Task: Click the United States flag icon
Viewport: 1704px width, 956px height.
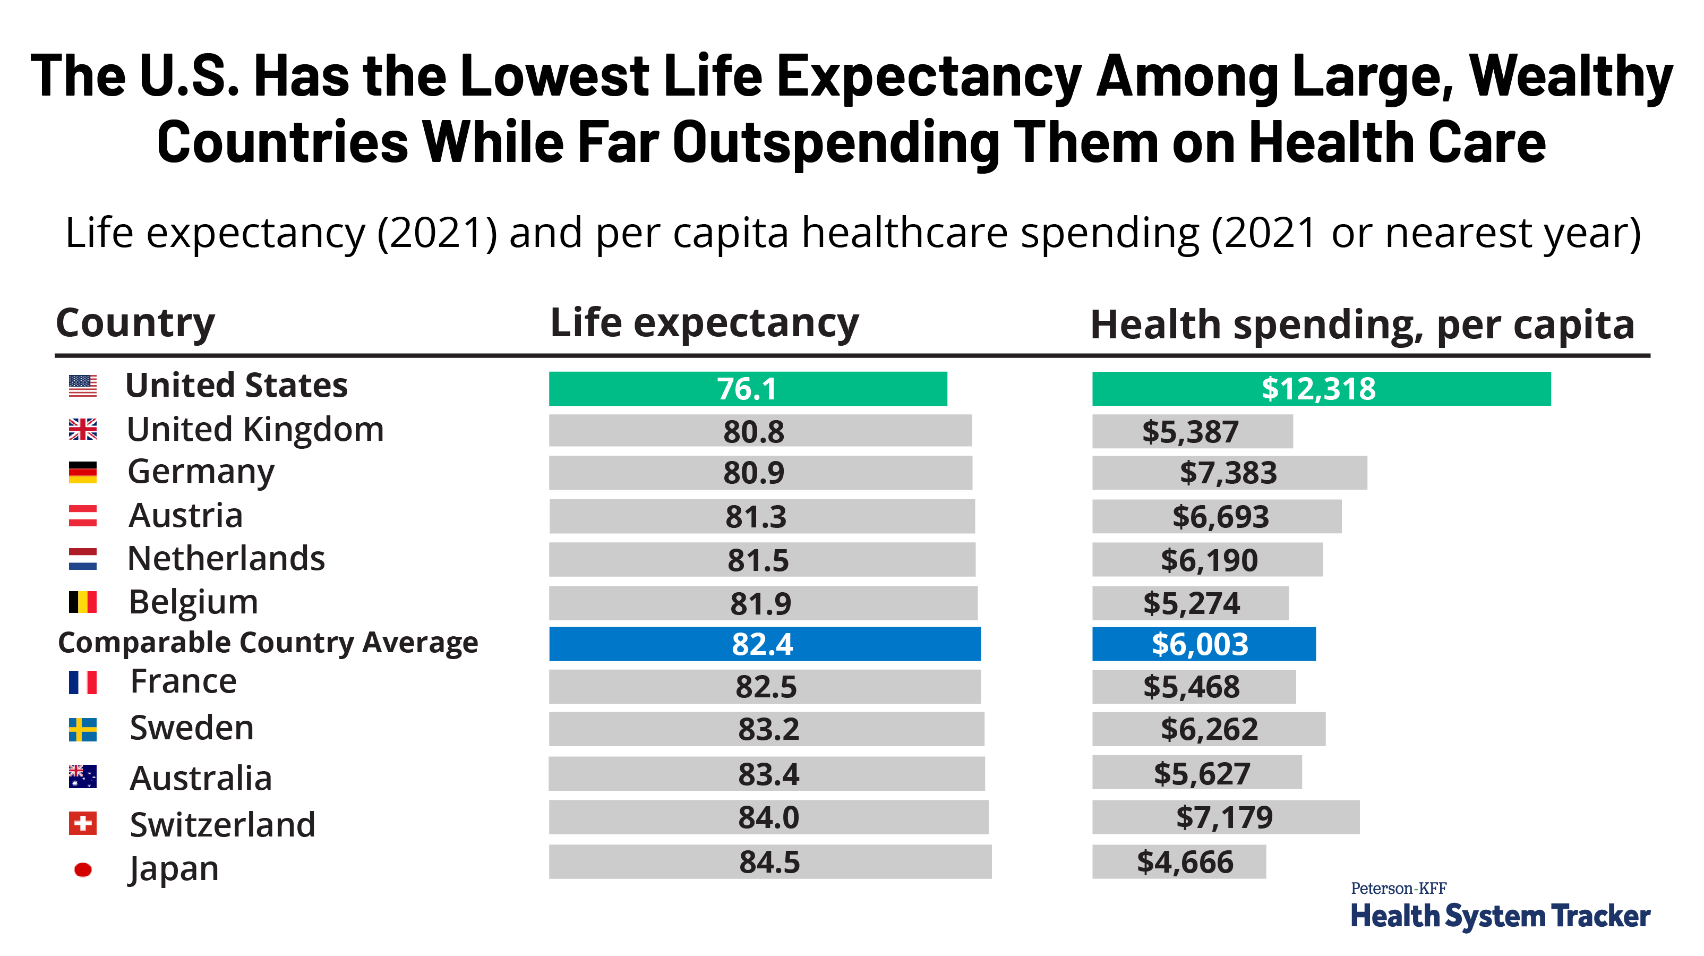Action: point(83,386)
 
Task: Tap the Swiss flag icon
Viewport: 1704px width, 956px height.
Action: point(83,824)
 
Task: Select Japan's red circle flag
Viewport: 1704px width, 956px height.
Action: point(83,869)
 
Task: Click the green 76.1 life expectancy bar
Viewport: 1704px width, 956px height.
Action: point(748,388)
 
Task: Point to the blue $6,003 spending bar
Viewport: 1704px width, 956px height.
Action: point(1203,644)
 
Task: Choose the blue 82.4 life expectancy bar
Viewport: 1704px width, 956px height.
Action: point(764,644)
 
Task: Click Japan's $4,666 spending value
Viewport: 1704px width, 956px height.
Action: point(1185,862)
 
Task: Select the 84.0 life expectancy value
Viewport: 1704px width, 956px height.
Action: point(769,818)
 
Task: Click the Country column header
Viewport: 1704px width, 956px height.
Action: point(135,323)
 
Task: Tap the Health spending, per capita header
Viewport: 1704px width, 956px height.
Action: point(1362,326)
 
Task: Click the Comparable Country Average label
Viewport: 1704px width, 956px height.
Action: point(268,643)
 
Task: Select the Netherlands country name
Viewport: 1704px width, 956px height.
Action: point(226,558)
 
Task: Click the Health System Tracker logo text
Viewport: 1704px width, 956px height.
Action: point(1500,916)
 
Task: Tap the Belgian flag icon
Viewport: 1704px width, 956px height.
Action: point(83,602)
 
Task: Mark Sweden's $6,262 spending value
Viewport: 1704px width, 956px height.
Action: point(1209,729)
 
